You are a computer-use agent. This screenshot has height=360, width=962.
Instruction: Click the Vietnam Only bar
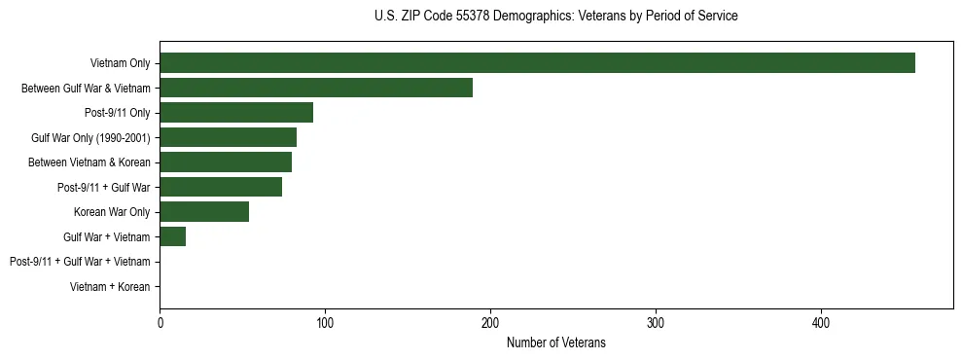click(x=537, y=63)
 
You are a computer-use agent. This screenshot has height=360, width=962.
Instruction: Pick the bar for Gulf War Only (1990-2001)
click(x=228, y=137)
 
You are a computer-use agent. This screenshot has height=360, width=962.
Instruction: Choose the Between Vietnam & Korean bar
click(x=226, y=162)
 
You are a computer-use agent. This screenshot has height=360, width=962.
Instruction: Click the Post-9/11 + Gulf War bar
click(x=221, y=187)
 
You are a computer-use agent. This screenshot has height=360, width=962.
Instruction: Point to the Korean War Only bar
click(x=204, y=212)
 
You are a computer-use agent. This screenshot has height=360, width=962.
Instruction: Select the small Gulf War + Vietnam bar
click(x=172, y=236)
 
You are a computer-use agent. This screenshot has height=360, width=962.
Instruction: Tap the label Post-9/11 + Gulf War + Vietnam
click(x=80, y=262)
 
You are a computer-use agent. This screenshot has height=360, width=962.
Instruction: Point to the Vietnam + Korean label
click(x=110, y=287)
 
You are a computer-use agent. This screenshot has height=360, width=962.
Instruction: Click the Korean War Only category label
click(x=112, y=212)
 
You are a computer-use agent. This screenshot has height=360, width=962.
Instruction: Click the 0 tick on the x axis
click(x=160, y=322)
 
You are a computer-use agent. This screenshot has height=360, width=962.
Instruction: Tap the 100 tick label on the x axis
click(x=325, y=322)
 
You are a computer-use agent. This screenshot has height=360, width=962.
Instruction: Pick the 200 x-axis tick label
click(x=490, y=322)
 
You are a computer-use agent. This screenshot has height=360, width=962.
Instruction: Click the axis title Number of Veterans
click(x=555, y=342)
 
